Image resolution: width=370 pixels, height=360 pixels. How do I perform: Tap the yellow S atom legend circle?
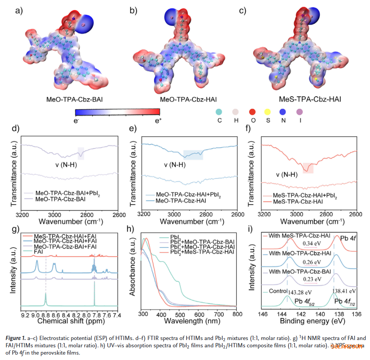[268, 112]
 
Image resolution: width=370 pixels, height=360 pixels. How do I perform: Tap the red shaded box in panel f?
[308, 168]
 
